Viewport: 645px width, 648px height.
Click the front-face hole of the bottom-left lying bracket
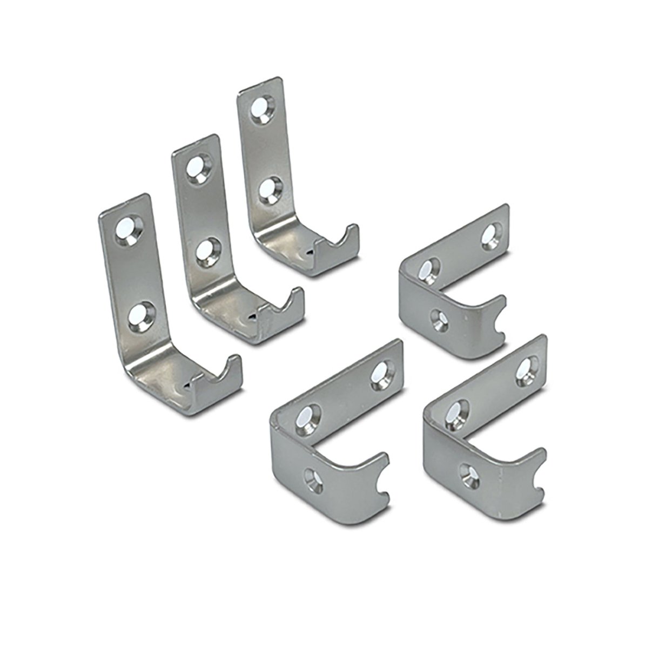click(313, 478)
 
